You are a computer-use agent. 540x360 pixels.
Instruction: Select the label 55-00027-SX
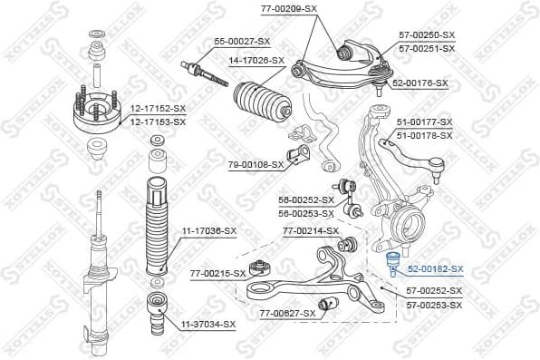(x=242, y=42)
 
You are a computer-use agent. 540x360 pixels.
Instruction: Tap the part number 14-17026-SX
(x=256, y=61)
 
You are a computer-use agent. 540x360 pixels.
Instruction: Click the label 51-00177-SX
(x=424, y=122)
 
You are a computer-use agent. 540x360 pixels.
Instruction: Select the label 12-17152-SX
(x=158, y=108)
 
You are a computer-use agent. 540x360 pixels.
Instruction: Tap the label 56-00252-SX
(x=306, y=199)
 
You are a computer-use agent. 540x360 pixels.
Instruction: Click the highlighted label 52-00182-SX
(x=435, y=269)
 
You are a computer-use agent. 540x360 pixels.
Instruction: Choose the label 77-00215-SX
(x=217, y=273)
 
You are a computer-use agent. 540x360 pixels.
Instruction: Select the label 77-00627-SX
(x=287, y=313)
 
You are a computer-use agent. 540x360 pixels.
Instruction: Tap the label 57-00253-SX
(x=433, y=304)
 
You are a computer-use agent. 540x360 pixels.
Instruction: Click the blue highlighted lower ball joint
(x=393, y=265)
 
